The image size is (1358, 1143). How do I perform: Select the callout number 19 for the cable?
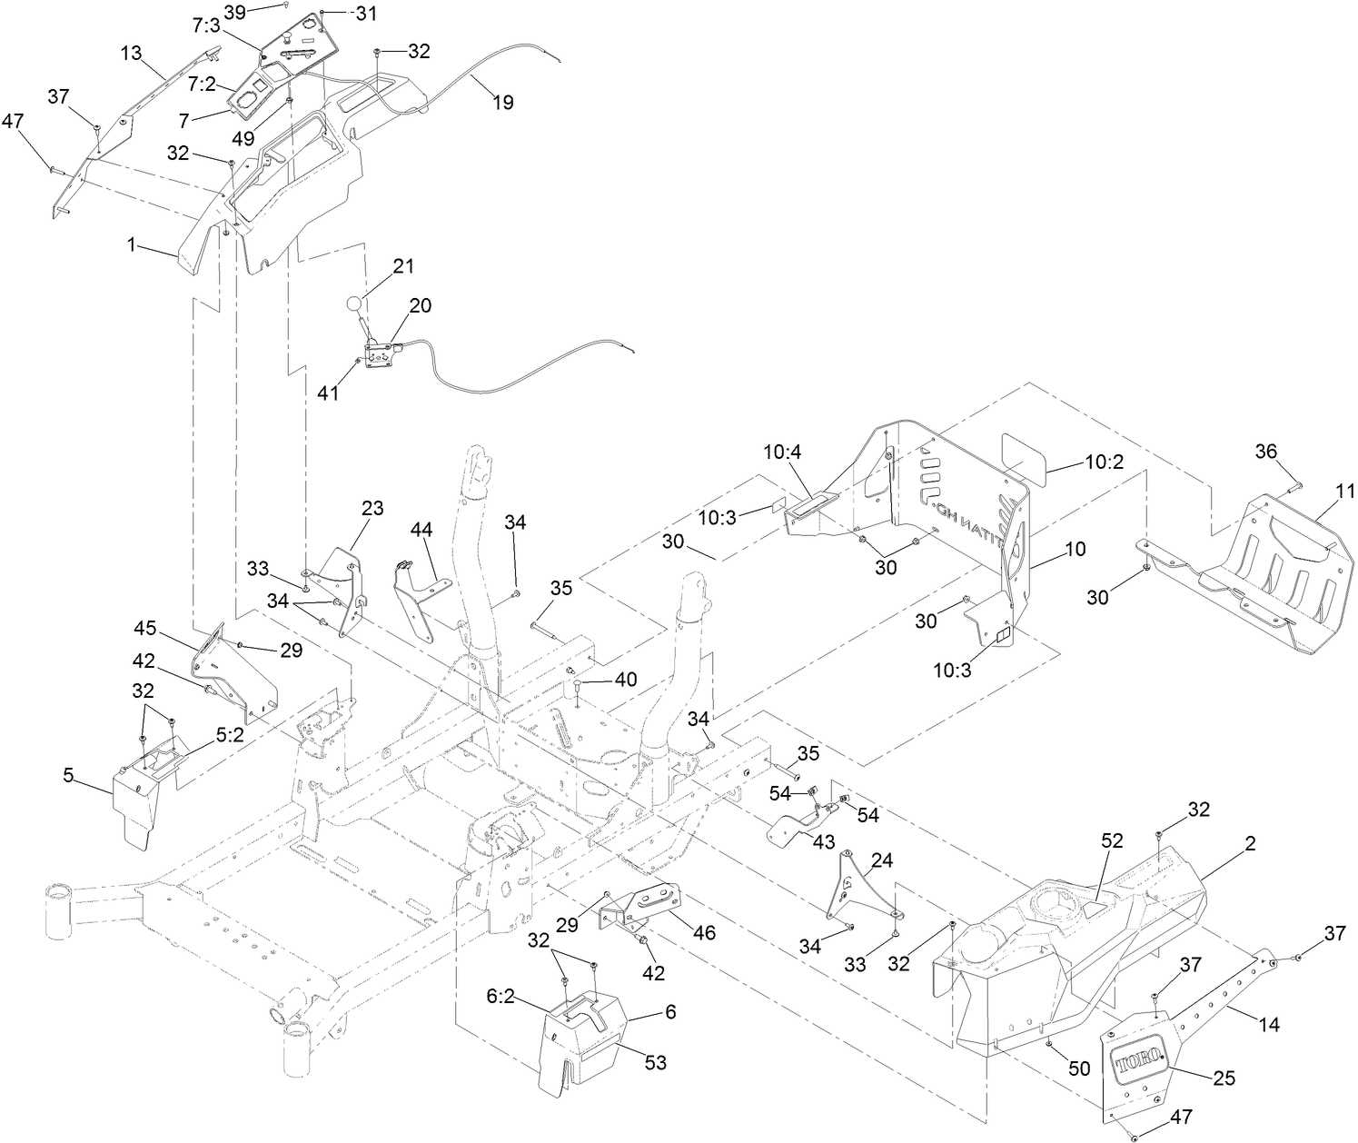[x=502, y=103]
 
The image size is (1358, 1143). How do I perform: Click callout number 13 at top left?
[x=132, y=54]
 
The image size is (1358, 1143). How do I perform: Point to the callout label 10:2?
[x=1105, y=462]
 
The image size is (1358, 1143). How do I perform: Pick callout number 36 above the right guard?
[x=1266, y=451]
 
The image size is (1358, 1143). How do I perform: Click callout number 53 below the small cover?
[x=656, y=1063]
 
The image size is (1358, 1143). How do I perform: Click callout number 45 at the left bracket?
[x=145, y=628]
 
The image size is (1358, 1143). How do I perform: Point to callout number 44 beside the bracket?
[x=421, y=528]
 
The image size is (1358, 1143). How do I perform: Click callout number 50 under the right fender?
[x=1078, y=1069]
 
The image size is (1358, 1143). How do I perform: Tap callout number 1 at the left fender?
[x=133, y=244]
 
